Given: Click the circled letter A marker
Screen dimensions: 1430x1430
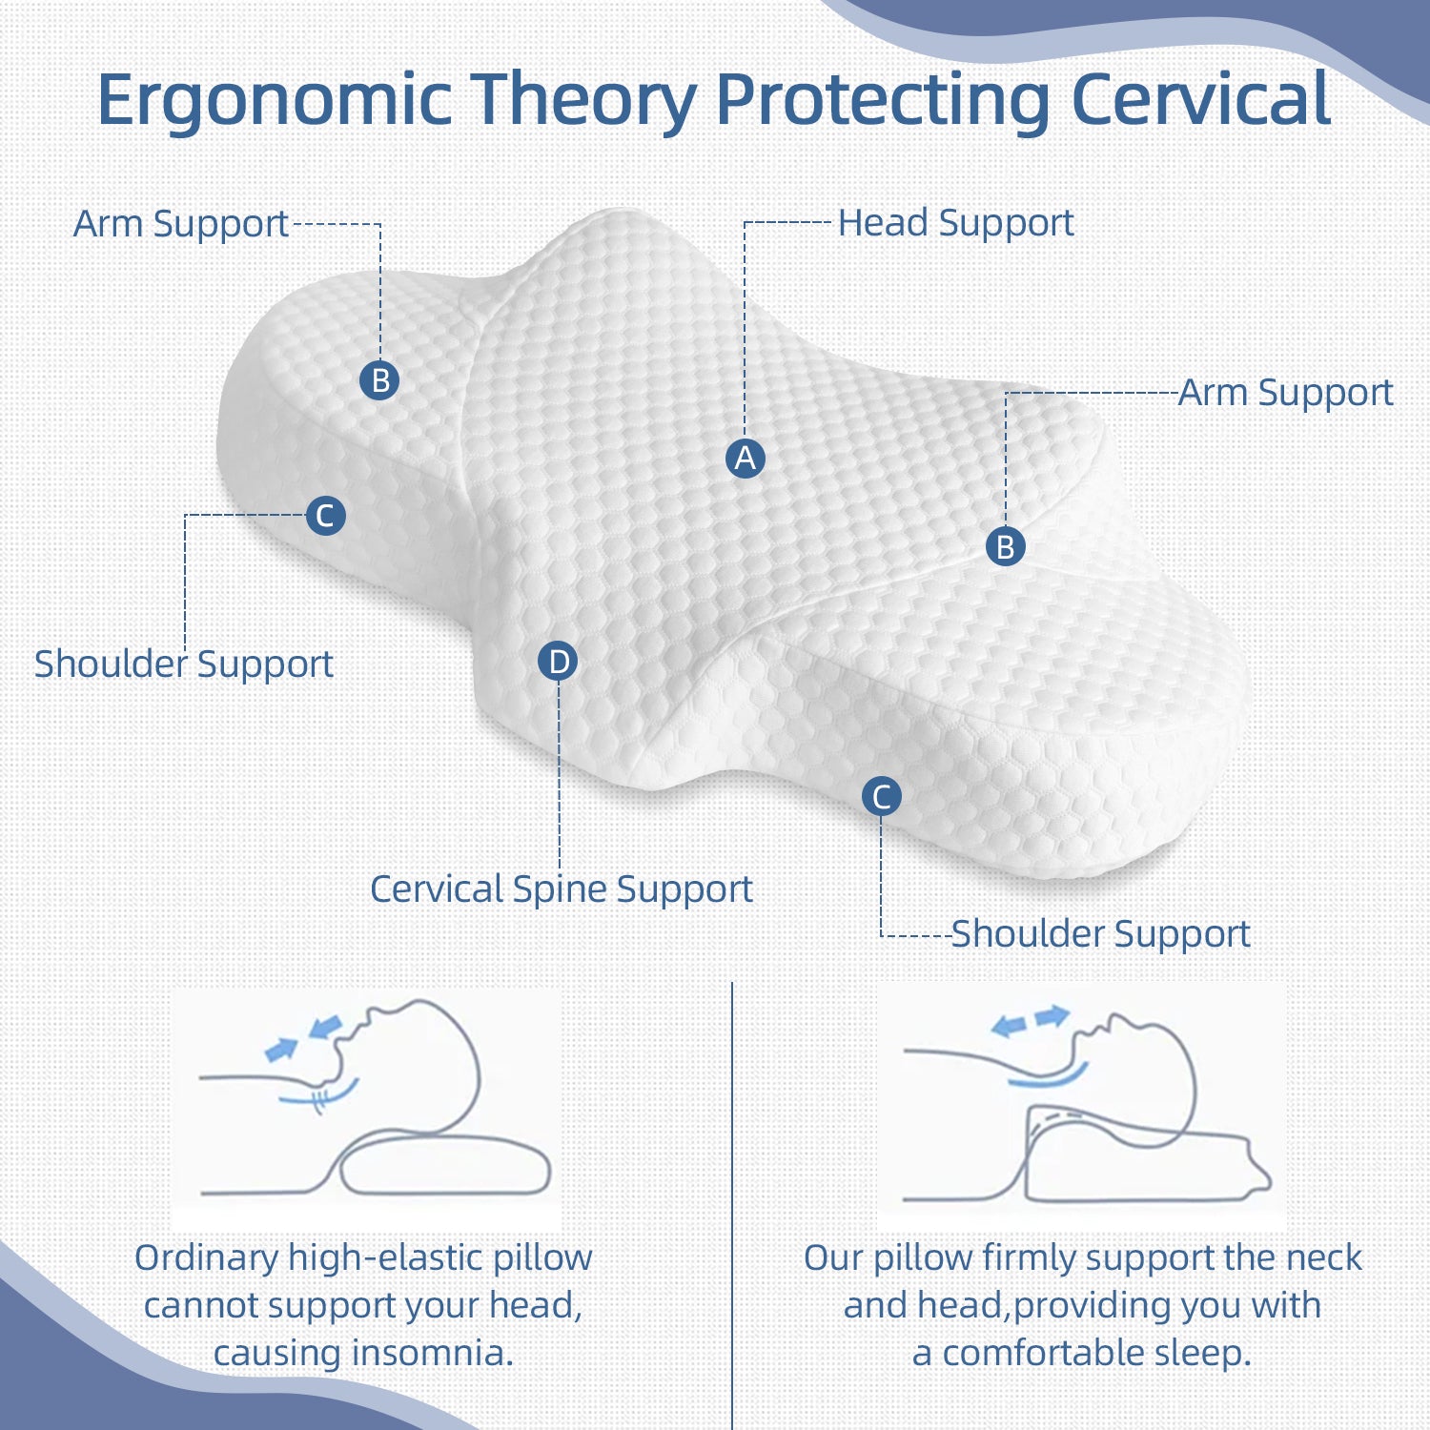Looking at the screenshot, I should (x=745, y=459).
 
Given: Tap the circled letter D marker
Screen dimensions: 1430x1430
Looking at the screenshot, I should (x=558, y=662).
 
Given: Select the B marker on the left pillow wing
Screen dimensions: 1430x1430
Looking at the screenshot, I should (x=379, y=380).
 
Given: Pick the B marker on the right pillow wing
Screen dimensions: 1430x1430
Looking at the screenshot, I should (x=1005, y=547).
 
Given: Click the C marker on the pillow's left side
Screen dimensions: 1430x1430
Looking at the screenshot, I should (x=325, y=516).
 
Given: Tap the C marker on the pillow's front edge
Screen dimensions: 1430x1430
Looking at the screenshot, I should (x=881, y=796).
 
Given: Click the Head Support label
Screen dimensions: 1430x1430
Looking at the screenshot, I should (x=955, y=223).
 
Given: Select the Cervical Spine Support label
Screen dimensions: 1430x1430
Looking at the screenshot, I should (x=561, y=889).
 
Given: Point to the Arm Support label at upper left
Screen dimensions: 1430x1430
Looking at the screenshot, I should (x=180, y=224).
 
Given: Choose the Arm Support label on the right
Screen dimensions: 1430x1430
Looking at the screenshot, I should (x=1285, y=393).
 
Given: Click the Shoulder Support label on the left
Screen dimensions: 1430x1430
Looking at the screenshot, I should (x=183, y=664).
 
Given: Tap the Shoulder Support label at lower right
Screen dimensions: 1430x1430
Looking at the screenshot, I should (x=1100, y=933).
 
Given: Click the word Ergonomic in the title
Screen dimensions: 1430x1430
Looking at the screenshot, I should (x=275, y=100).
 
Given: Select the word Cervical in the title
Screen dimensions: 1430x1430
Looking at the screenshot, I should (x=1201, y=98).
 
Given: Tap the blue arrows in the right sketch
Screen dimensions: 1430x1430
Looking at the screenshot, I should (x=1030, y=1021).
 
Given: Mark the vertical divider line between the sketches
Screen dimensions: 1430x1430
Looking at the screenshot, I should (x=732, y=1192).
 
